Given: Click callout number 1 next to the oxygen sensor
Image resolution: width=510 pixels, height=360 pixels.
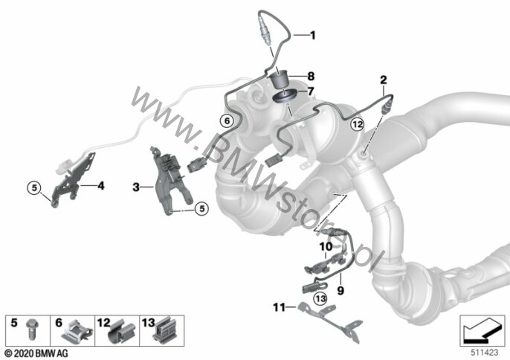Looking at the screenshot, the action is click(x=312, y=35).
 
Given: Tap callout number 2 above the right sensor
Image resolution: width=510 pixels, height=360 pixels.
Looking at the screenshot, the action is click(x=384, y=80).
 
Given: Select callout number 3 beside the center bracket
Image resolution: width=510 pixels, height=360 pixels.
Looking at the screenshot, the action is click(x=136, y=187).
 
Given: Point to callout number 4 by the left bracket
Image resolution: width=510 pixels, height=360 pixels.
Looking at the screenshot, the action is click(x=101, y=186).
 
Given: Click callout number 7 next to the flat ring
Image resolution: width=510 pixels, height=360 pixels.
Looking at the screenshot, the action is click(x=311, y=91).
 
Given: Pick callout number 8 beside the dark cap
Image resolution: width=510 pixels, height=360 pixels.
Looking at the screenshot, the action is click(x=311, y=76).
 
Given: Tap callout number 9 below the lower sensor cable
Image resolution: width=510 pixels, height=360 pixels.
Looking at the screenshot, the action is click(x=340, y=290).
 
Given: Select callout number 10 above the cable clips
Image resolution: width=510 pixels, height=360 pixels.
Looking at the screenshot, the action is click(x=326, y=247).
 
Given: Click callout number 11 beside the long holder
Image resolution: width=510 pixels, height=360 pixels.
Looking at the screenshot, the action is click(x=279, y=307).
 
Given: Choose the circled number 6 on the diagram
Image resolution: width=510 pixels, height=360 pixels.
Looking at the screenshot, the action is click(x=227, y=121).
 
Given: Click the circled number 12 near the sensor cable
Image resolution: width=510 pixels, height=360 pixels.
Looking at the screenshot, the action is click(x=357, y=124).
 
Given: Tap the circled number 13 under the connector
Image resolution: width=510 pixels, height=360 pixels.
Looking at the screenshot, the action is click(x=320, y=298).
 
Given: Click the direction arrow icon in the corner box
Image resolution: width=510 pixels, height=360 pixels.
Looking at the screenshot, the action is click(x=482, y=332).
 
